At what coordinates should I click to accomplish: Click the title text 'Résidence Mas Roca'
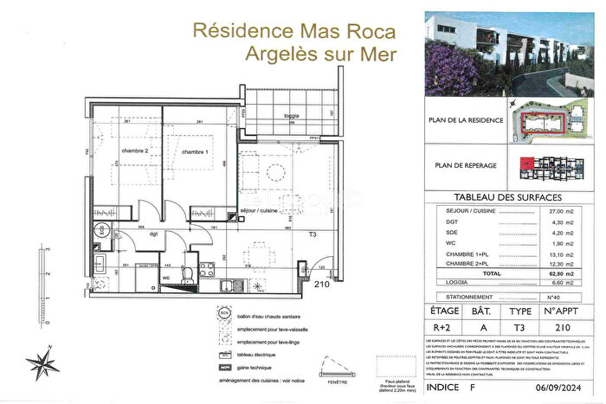[293, 31]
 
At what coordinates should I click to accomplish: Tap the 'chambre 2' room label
[135, 151]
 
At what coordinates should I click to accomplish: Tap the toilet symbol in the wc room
[188, 274]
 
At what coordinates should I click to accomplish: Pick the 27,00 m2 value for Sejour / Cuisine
[563, 211]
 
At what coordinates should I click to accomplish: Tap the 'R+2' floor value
[444, 328]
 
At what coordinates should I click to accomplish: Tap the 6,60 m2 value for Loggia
[563, 282]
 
